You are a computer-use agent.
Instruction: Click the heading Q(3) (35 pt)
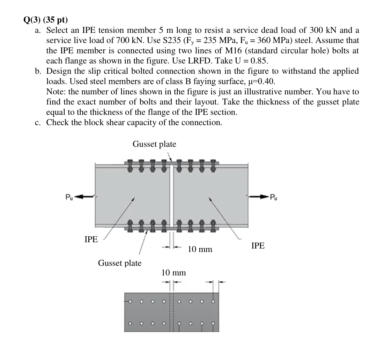click(45, 20)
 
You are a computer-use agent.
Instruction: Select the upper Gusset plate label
click(154, 144)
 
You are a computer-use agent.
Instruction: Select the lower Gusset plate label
click(120, 263)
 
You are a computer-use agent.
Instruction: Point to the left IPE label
click(91, 239)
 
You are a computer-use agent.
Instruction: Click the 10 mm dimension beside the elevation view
click(200, 249)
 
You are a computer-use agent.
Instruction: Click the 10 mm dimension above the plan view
click(173, 272)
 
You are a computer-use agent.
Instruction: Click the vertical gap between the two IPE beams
click(171, 196)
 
